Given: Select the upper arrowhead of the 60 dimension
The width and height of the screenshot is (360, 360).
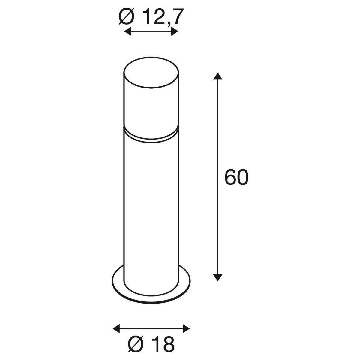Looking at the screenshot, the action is [218, 76].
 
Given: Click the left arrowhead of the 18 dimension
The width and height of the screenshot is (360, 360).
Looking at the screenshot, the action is [117, 323].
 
